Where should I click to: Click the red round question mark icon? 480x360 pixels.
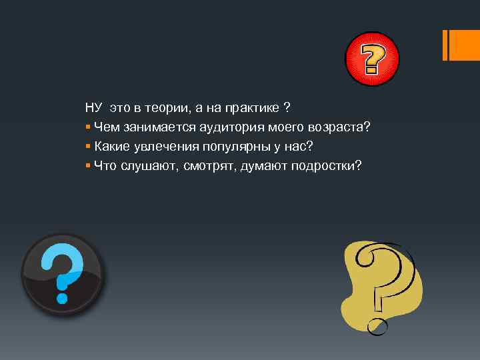pyautogui.click(x=371, y=59)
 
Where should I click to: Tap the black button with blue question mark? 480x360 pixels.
pyautogui.click(x=62, y=274)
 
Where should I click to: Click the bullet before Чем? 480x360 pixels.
pyautogui.click(x=88, y=127)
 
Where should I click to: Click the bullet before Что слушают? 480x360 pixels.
pyautogui.click(x=88, y=165)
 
